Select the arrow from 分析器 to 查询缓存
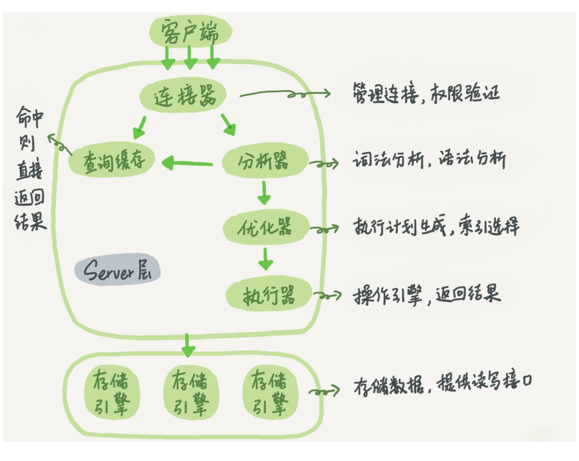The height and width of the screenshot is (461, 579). pyautogui.click(x=187, y=164)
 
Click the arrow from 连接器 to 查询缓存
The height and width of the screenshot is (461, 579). pyautogui.click(x=139, y=127)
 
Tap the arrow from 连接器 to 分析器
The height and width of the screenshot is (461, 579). pyautogui.click(x=228, y=125)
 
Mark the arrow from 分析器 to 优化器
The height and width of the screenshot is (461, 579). pyautogui.click(x=263, y=193)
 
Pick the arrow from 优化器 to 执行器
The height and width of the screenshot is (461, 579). pyautogui.click(x=265, y=259)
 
